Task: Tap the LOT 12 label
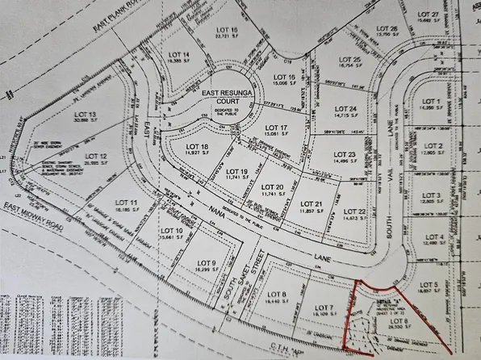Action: coord(96,156)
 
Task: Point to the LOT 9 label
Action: coord(207,263)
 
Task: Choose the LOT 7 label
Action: coord(324,308)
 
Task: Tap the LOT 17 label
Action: coord(277,128)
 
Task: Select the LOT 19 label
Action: coord(236,172)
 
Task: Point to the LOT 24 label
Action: coord(345,109)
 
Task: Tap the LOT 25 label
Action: coord(349,60)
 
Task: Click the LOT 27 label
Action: coord(429,15)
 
